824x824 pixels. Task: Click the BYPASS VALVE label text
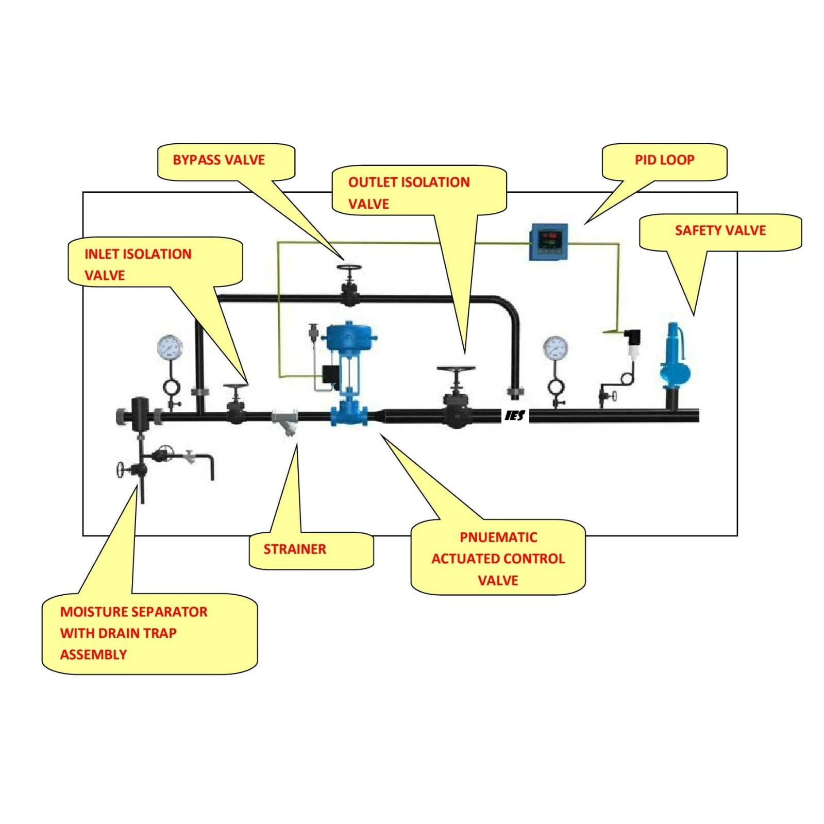point(218,160)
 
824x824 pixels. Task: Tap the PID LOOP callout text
point(664,160)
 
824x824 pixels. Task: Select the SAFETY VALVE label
point(720,230)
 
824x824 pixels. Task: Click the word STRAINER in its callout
point(295,549)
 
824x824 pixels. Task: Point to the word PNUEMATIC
point(498,537)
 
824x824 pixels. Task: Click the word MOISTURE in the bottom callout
point(92,612)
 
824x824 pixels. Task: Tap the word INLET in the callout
point(102,254)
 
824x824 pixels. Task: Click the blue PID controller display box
point(549,241)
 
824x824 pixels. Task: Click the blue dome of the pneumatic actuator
point(348,335)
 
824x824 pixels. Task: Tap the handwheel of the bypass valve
point(349,268)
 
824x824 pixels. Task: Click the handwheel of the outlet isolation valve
point(456,369)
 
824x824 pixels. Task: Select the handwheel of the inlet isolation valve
point(236,386)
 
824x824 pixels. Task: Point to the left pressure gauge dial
point(170,348)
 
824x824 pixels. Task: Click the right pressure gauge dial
point(556,348)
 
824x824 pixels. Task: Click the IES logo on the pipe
point(515,415)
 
